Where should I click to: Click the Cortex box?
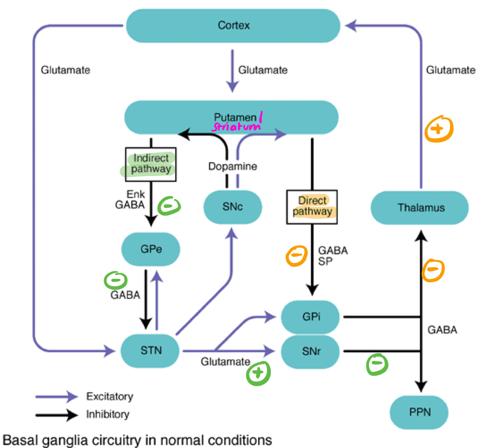[233, 25]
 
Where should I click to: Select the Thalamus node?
[419, 207]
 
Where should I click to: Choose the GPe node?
[151, 249]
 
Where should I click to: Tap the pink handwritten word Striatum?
[236, 126]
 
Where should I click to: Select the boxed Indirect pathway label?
[151, 164]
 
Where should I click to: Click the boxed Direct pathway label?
[312, 206]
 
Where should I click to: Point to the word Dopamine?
[233, 167]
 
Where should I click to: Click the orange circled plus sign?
[439, 130]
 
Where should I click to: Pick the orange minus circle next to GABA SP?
[296, 256]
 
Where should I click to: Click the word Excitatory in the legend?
[109, 396]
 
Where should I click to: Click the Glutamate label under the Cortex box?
[263, 70]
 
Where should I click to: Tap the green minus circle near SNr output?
[377, 364]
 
